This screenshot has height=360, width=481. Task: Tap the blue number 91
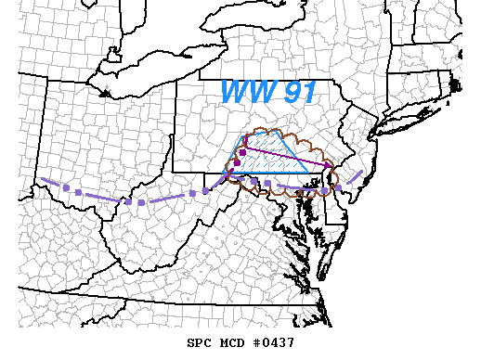point(299,92)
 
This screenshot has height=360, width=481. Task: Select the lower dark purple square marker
point(237,163)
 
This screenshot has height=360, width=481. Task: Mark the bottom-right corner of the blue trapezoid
point(311,174)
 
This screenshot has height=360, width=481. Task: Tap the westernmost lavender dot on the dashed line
point(78,193)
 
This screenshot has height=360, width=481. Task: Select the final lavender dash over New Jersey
point(357,174)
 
